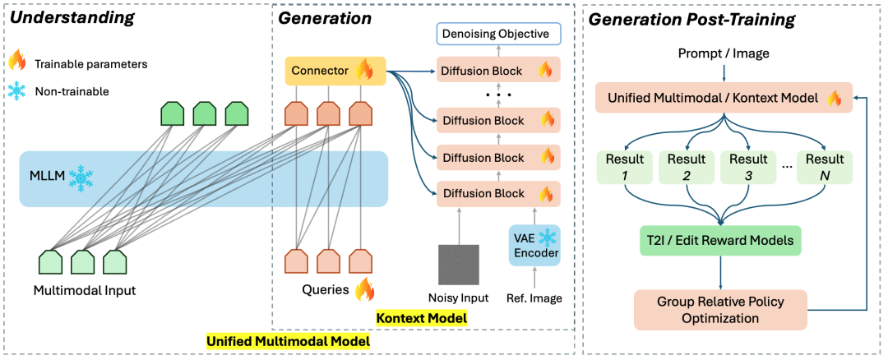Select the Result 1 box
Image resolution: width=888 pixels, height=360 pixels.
625,166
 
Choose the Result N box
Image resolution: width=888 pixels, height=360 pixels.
826,166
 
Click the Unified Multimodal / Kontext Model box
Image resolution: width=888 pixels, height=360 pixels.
723,99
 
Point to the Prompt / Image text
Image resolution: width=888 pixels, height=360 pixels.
724,53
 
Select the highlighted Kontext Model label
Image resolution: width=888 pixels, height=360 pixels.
420,317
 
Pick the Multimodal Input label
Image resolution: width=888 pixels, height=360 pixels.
84,290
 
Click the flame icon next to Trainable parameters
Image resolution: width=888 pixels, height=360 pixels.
18,62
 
